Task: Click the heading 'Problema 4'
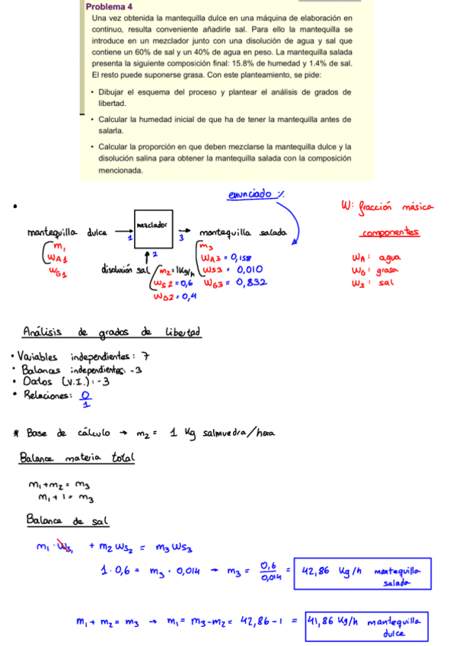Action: click(110, 6)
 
